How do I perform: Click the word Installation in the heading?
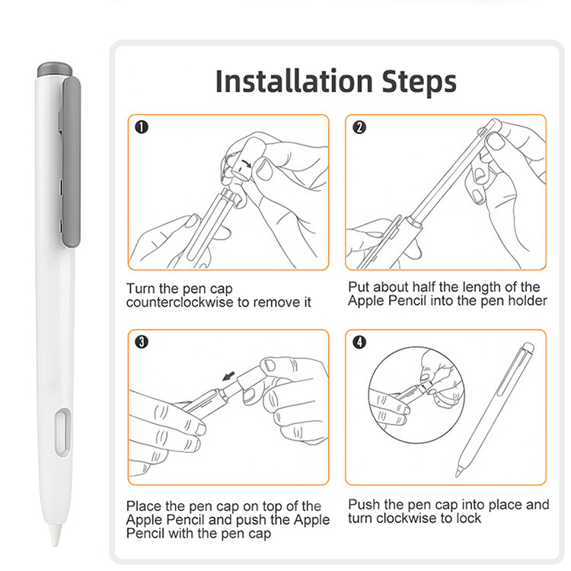294,81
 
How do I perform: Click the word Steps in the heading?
419,82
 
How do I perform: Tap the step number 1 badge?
142,127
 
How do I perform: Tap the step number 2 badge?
359,127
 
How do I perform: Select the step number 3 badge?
142,342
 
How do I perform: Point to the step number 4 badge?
359,342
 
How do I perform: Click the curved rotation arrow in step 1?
246,163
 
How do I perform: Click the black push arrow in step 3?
229,376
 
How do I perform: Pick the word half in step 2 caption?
425,287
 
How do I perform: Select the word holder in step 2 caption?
528,301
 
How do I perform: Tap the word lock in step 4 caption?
468,518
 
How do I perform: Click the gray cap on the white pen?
55,69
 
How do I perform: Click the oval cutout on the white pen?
63,432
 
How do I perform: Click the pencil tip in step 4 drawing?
458,473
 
